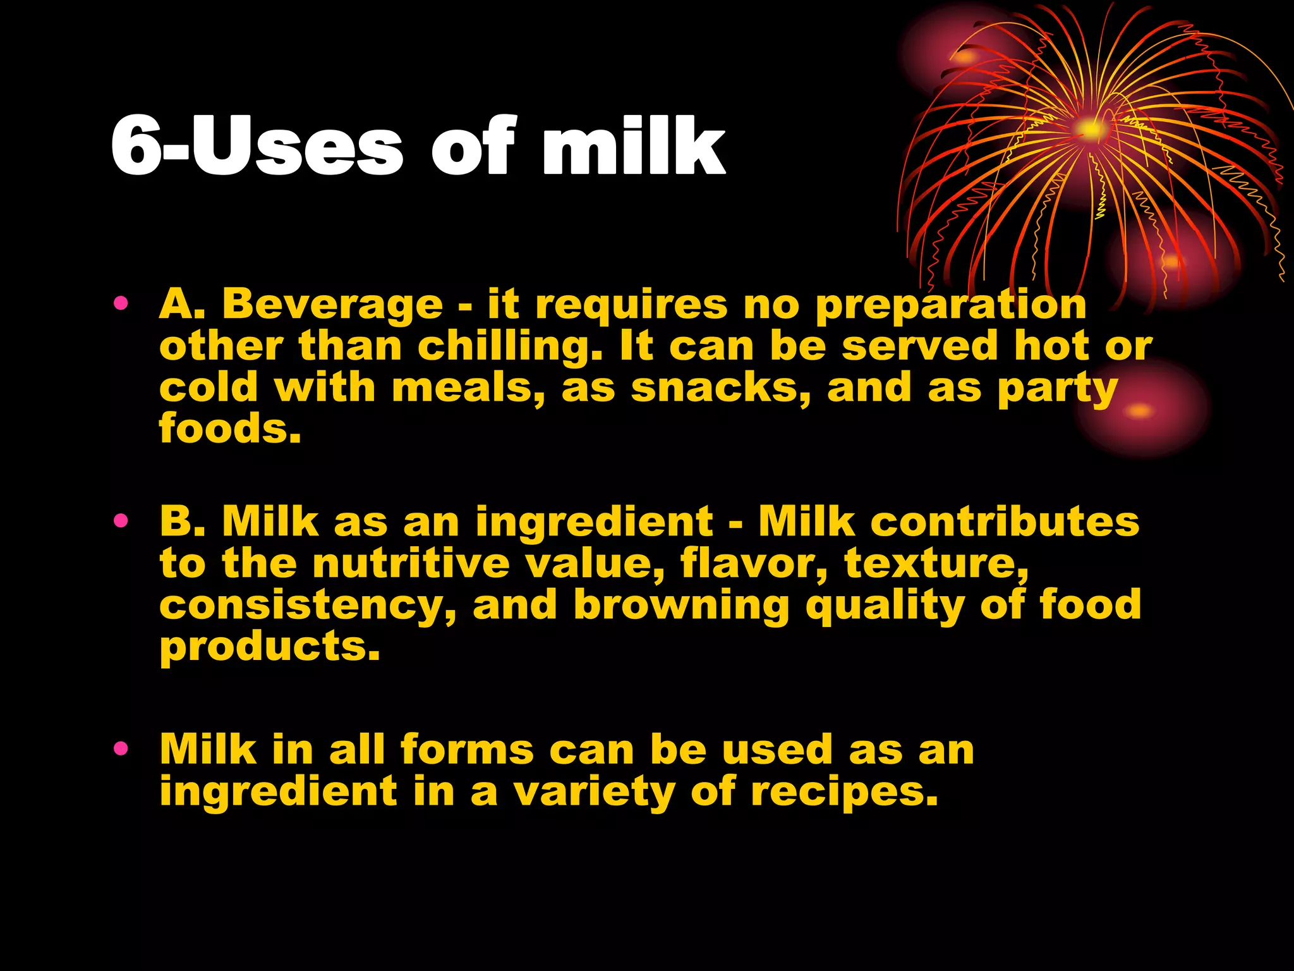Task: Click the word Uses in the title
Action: tap(296, 147)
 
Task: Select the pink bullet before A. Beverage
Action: tap(121, 303)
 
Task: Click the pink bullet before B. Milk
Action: tap(121, 521)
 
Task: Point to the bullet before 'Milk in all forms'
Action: tap(121, 749)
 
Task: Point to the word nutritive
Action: tap(411, 563)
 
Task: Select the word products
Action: tap(270, 647)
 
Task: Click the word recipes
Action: tap(844, 792)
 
